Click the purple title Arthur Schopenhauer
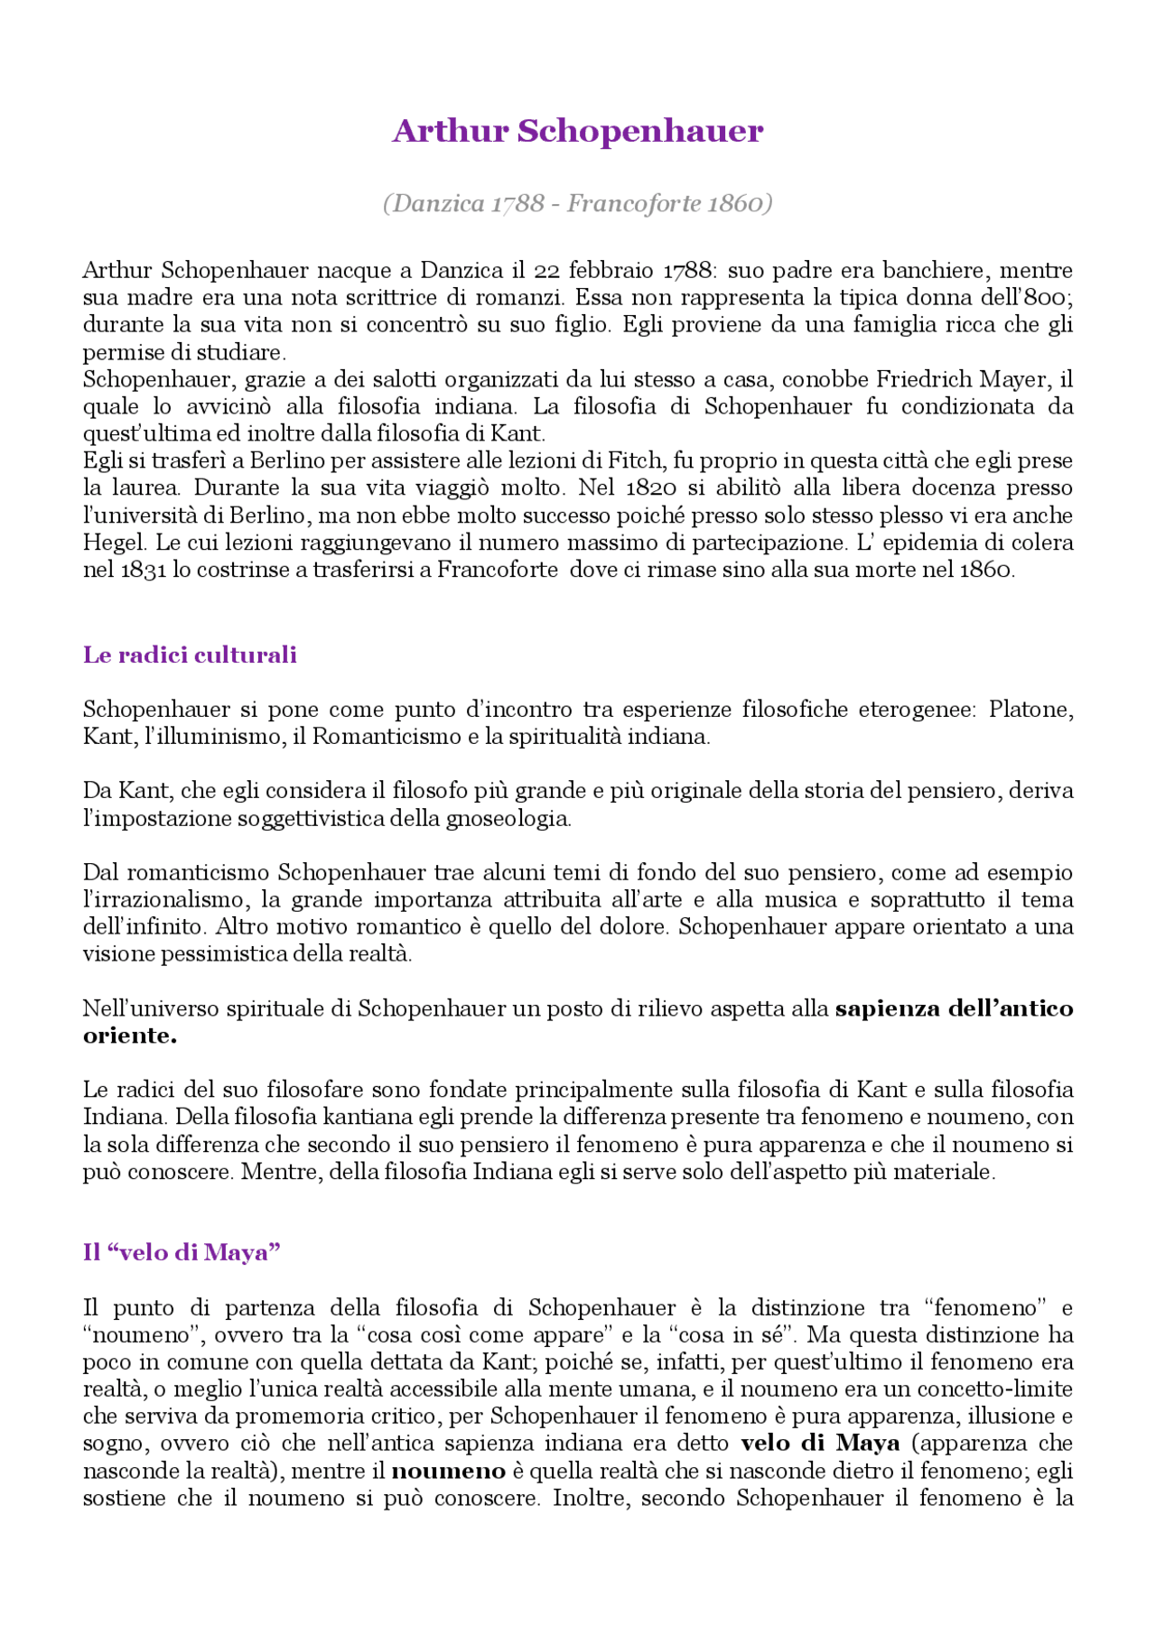tap(578, 132)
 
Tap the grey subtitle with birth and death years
tap(578, 203)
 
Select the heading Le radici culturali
tap(190, 655)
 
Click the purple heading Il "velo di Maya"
tap(182, 1252)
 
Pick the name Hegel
tap(114, 543)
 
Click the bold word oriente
tap(129, 1036)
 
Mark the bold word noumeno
tap(448, 1471)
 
